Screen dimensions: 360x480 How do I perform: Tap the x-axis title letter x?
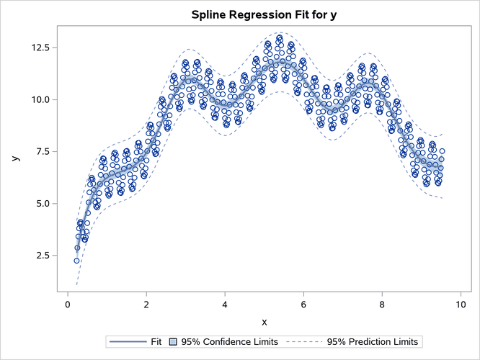click(x=264, y=321)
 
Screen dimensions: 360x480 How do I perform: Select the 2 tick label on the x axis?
click(x=146, y=304)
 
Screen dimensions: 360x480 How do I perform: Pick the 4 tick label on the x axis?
click(x=225, y=304)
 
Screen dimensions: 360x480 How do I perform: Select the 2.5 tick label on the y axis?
click(x=40, y=256)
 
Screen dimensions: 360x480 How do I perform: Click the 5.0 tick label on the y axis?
click(x=40, y=204)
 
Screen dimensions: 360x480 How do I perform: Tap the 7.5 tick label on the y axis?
click(x=40, y=151)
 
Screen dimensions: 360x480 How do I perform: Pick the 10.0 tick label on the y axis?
click(x=38, y=99)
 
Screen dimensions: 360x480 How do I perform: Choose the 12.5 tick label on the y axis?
click(x=38, y=48)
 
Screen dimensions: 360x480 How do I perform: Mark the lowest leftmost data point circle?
click(x=76, y=261)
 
